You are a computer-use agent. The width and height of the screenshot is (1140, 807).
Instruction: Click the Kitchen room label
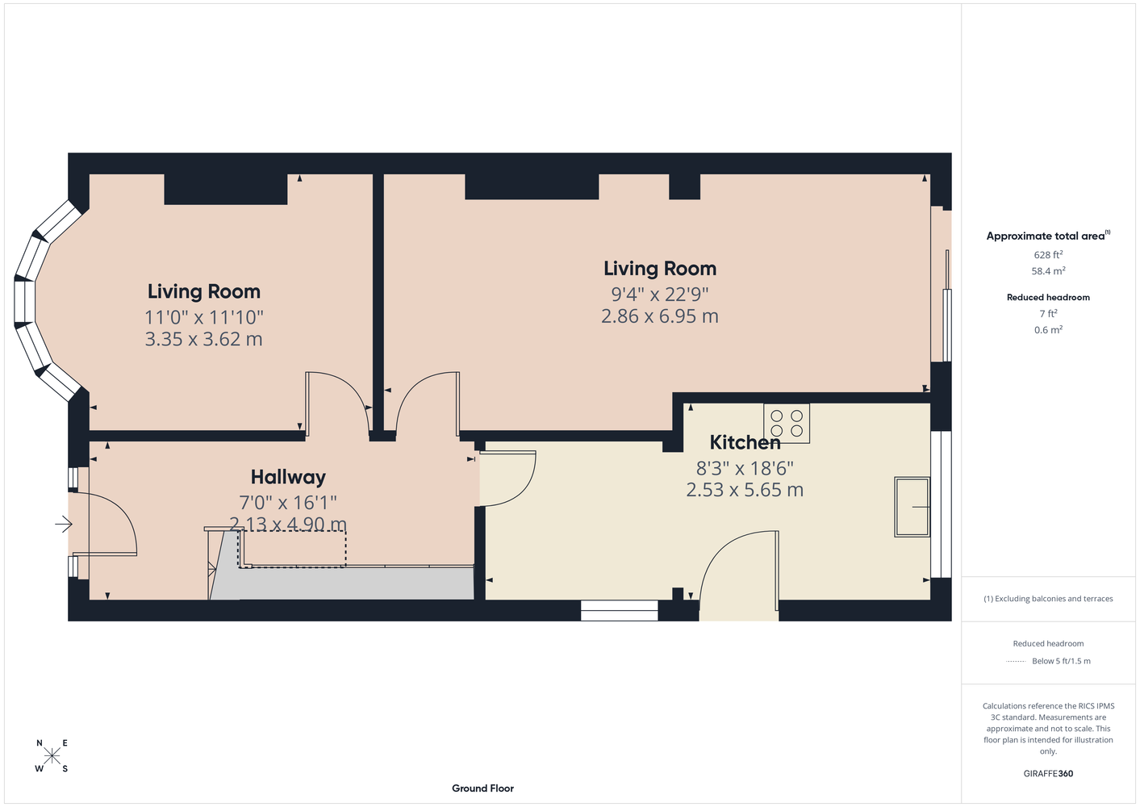pos(745,442)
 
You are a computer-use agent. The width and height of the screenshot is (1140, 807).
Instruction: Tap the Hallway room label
pos(288,478)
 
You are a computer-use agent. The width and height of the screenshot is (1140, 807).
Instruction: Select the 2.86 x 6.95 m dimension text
pos(660,316)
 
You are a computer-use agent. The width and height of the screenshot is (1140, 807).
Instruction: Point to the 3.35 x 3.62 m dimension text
pos(203,339)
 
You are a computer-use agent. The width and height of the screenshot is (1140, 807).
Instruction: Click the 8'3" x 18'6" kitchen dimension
pos(745,468)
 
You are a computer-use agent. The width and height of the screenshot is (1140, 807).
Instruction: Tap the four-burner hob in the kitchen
pos(787,423)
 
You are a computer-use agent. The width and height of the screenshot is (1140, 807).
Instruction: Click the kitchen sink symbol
pos(912,507)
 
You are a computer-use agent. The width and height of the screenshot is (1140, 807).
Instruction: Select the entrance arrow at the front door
pos(64,524)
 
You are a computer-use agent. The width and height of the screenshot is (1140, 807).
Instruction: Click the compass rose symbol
pos(52,755)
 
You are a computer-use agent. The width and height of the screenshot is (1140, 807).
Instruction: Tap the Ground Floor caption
pos(482,788)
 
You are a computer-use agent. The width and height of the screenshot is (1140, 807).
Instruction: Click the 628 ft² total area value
pos(1048,254)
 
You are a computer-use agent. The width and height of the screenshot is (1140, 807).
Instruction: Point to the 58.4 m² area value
pos(1048,271)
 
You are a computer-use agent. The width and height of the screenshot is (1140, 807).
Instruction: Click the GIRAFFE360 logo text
pos(1048,773)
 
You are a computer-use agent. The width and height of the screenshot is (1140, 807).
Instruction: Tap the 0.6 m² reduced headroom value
pos(1048,329)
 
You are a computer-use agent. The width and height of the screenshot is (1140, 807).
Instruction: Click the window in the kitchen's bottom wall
pos(620,610)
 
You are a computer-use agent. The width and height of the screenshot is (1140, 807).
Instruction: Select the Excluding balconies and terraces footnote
pos(1048,599)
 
